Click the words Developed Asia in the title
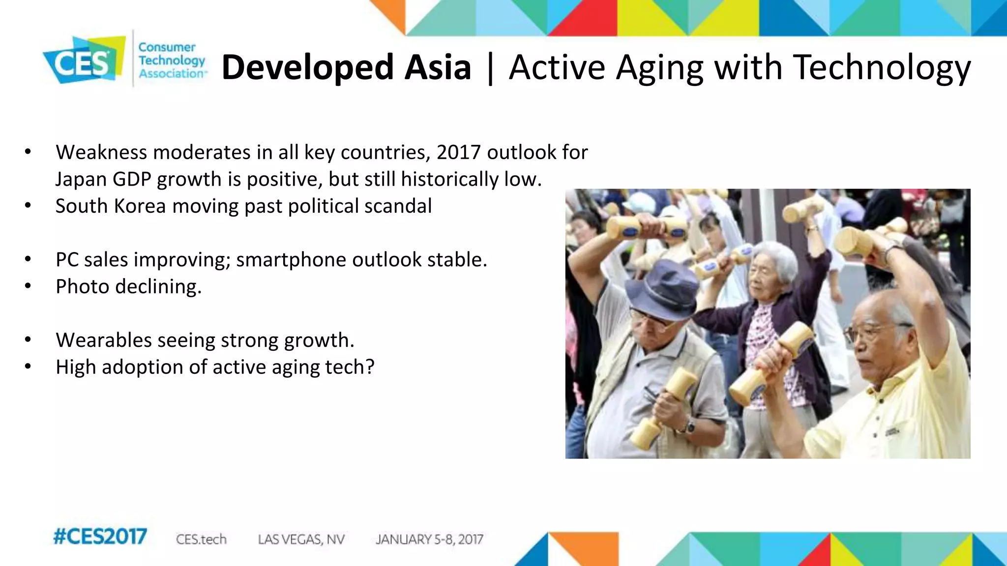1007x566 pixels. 346,67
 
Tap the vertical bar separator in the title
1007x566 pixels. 490,68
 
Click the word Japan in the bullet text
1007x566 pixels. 81,179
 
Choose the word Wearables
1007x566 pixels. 104,340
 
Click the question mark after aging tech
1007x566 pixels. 369,367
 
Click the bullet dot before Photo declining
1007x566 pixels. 28,286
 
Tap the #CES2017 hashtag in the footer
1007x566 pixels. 100,537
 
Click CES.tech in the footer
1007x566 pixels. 201,539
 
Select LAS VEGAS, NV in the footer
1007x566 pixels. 301,539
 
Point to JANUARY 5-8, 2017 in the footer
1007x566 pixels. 429,539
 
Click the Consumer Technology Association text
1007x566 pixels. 171,60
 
